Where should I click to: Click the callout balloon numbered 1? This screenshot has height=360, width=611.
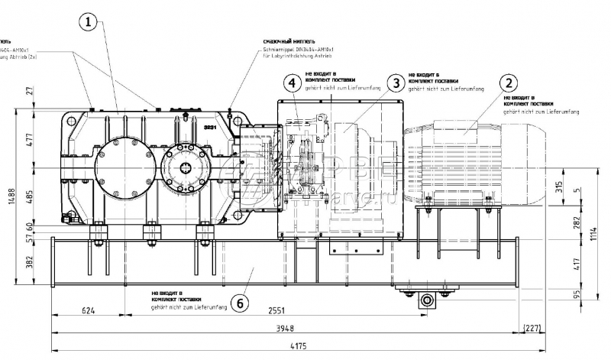90,24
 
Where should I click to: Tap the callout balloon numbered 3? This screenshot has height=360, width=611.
395,83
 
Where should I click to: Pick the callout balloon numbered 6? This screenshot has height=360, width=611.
239,303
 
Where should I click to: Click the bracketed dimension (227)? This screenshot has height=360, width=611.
533,329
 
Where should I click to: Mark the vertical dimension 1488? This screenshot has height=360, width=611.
8,201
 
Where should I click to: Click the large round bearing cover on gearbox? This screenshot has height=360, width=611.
125,165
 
